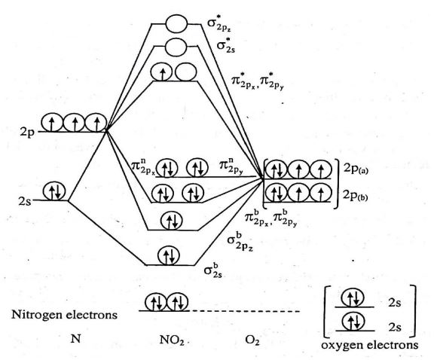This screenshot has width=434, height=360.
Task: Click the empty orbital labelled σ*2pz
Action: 176,23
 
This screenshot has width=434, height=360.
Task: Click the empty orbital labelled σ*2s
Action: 176,47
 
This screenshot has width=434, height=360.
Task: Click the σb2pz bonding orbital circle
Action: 173,221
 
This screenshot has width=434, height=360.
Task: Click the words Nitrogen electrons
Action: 75,314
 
